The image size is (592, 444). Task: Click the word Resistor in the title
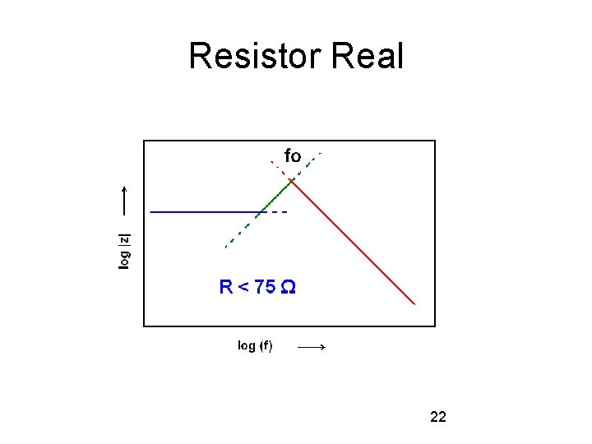tap(255, 57)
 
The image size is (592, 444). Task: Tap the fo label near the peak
tap(293, 155)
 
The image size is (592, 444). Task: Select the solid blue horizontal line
tap(206, 212)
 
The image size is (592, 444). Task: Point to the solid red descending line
tap(354, 243)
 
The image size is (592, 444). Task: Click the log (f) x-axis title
tap(255, 345)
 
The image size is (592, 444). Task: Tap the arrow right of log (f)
tap(312, 348)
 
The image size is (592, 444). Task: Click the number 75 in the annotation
tap(265, 287)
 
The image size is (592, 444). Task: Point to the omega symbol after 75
tap(289, 287)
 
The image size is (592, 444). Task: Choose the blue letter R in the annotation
tap(226, 287)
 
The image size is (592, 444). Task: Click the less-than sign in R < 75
tap(243, 287)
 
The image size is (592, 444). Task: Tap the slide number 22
tap(438, 418)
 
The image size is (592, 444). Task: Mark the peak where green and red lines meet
tap(292, 180)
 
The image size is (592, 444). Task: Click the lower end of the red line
tap(414, 303)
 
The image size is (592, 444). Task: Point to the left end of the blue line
tap(151, 212)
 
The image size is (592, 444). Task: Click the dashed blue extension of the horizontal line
tap(278, 212)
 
